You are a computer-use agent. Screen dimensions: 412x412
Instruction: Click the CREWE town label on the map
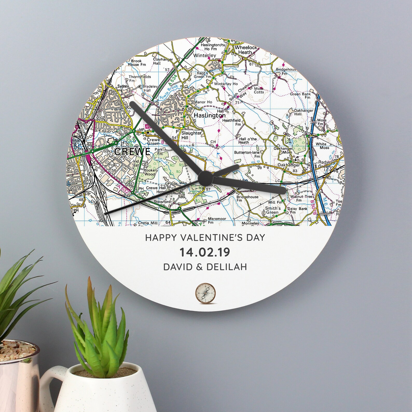pos(132,152)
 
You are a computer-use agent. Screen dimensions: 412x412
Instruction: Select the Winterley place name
pos(204,56)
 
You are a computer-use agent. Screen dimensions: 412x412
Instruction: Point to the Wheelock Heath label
pos(245,50)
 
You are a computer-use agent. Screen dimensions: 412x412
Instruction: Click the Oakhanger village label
pos(289,165)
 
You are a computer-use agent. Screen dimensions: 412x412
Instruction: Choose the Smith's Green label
pos(272,210)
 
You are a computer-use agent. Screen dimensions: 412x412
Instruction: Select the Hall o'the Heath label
pos(248,141)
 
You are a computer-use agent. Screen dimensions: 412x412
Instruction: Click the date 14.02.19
pos(205,252)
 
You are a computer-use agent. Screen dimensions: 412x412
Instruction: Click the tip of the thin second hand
pos(105,214)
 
